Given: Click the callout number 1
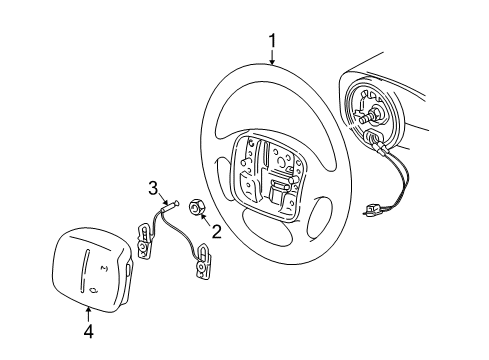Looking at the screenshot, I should [x=271, y=39].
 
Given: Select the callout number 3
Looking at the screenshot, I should [x=153, y=187].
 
